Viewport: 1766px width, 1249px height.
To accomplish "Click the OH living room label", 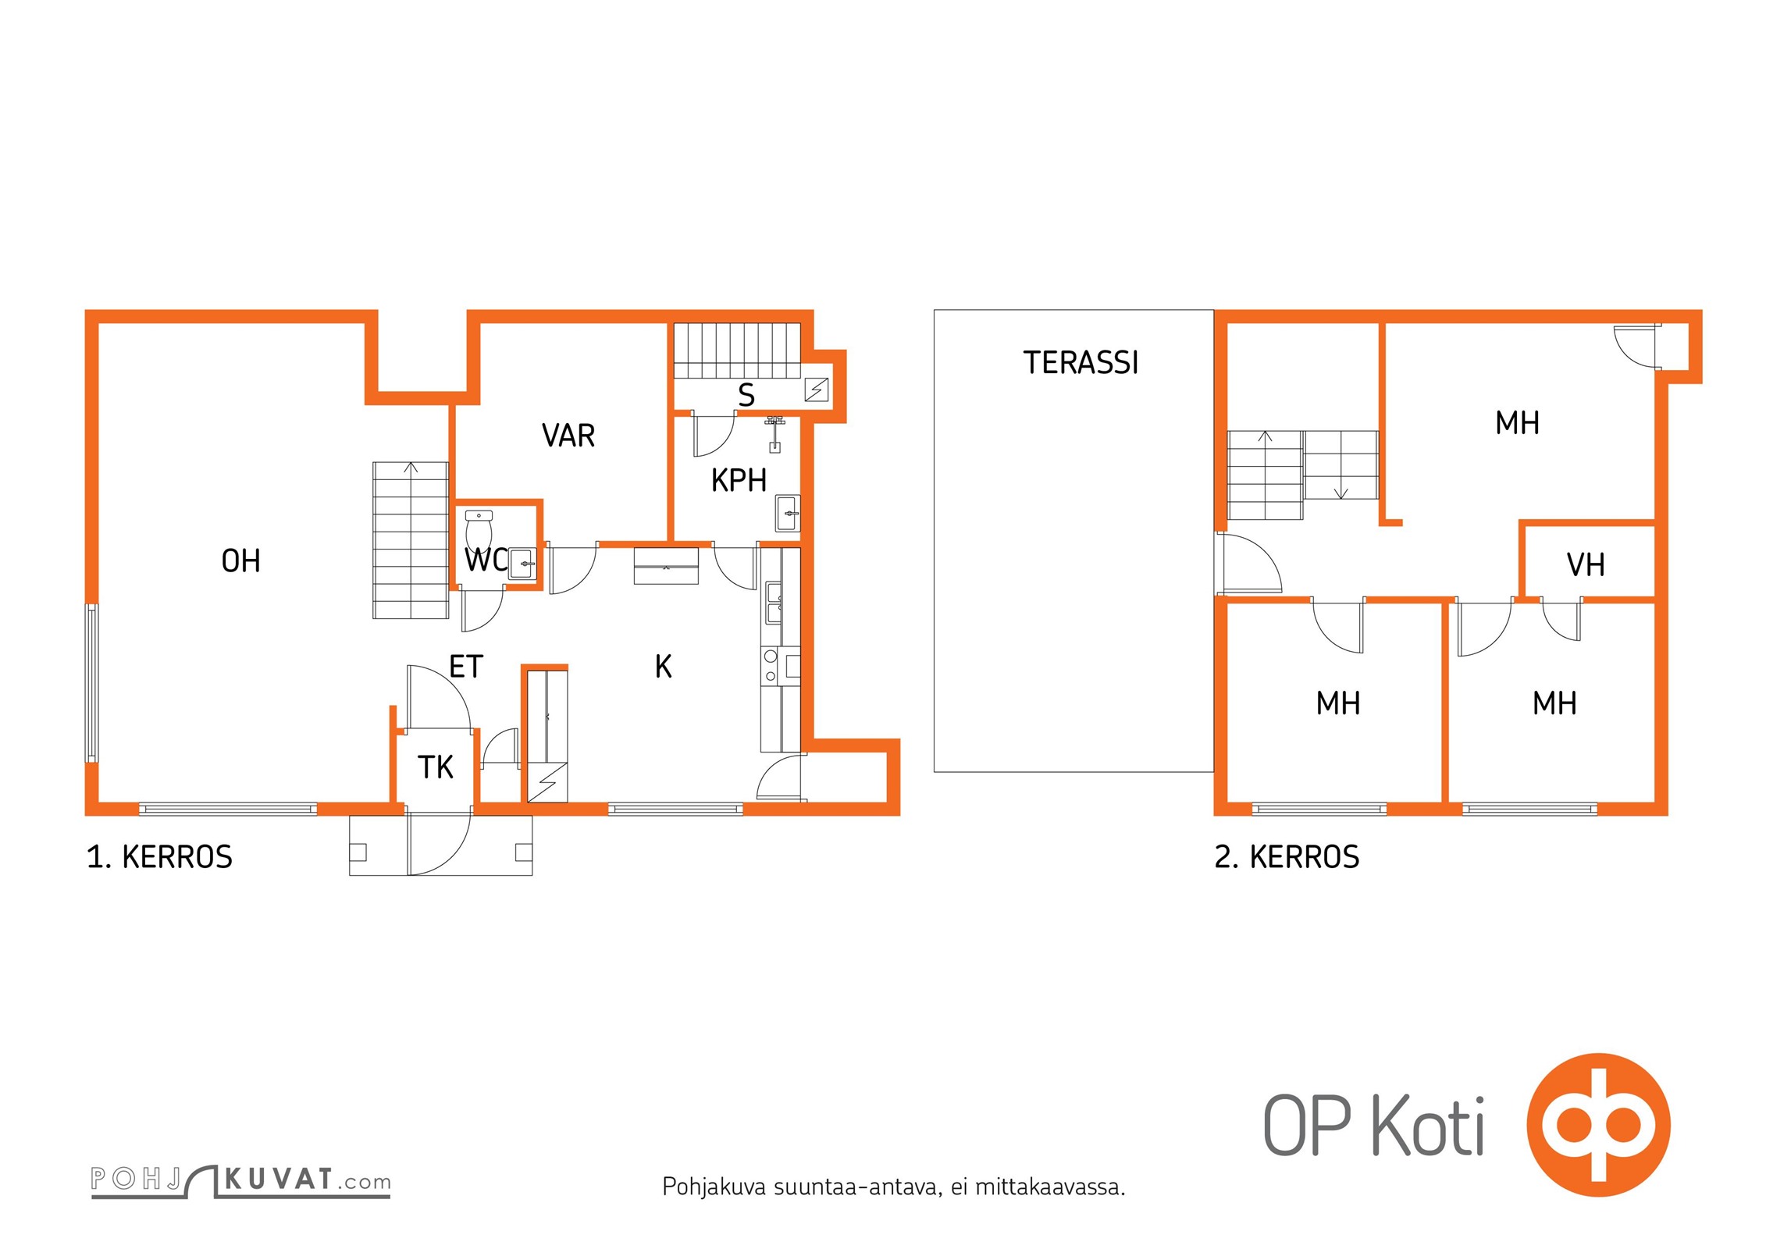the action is point(240,560).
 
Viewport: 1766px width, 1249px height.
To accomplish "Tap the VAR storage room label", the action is point(568,436).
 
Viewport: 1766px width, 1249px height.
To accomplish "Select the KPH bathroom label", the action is point(739,480).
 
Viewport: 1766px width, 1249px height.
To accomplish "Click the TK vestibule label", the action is point(435,767).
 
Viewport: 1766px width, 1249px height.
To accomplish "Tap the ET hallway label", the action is point(466,667).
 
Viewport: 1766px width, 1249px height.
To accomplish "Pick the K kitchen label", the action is point(663,667).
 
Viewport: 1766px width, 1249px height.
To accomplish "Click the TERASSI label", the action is point(1081,363).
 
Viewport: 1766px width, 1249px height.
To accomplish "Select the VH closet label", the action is point(1586,564).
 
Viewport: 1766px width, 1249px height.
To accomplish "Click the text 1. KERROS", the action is point(159,857).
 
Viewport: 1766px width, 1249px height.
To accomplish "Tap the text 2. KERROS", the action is point(1287,857).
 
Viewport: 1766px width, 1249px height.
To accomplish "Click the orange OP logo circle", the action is point(1599,1125).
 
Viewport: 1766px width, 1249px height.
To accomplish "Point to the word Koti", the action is point(1428,1125).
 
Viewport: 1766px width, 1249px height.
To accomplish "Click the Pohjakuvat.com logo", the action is point(240,1180).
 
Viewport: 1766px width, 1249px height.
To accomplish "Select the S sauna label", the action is point(746,395).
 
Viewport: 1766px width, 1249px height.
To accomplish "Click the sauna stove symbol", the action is point(817,390).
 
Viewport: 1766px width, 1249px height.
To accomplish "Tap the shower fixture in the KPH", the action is point(774,435).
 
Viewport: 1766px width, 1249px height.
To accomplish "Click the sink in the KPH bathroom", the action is point(788,513).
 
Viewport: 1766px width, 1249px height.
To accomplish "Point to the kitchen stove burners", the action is point(771,666).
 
